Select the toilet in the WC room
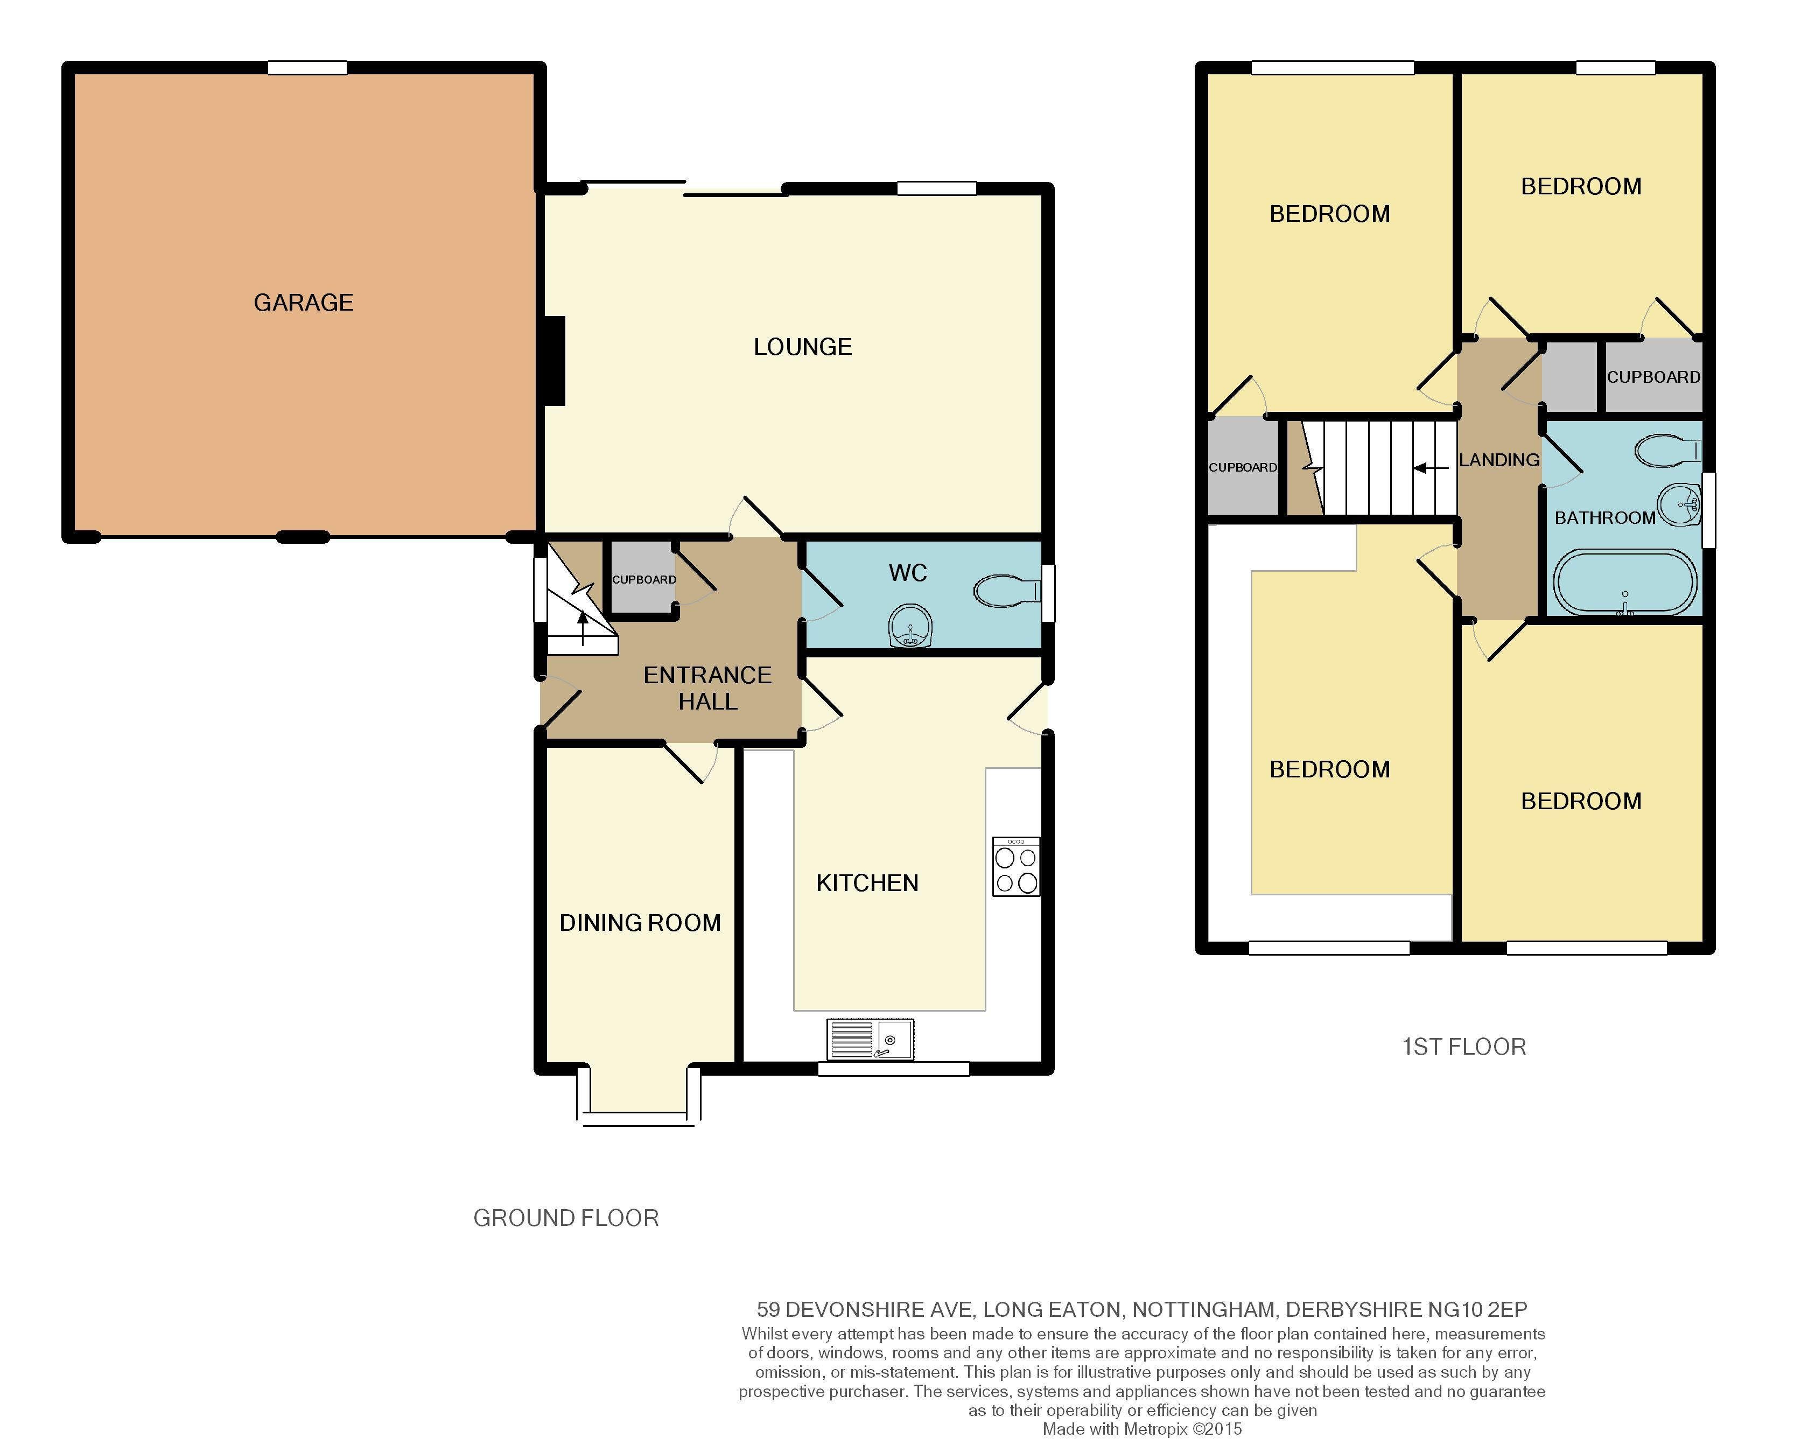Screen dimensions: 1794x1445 pos(1007,592)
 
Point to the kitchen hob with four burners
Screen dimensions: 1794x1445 pos(1017,866)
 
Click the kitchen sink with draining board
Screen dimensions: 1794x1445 pos(870,1040)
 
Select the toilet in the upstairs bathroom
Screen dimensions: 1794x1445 pos(1667,451)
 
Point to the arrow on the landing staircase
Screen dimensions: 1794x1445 pos(1431,468)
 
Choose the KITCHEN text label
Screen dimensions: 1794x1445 pos(867,882)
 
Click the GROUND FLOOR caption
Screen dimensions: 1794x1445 pos(566,1218)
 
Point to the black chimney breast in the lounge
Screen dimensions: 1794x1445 pos(555,361)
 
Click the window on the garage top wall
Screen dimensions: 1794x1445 pos(307,67)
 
